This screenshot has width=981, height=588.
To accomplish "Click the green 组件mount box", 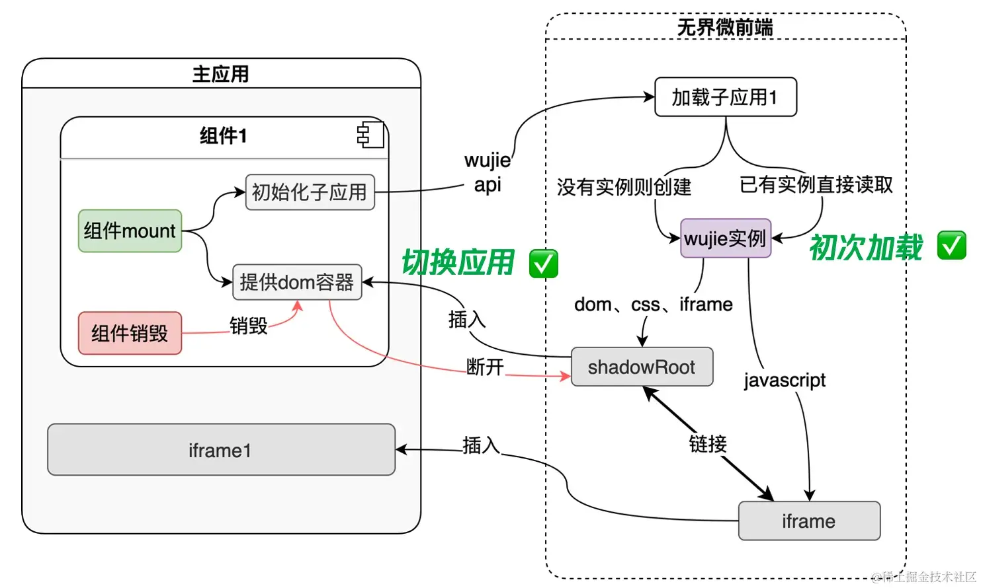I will (x=130, y=231).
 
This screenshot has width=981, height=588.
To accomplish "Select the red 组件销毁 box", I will (x=130, y=333).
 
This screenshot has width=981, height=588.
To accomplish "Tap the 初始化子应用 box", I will (x=310, y=192).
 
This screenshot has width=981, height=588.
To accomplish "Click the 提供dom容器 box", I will (x=297, y=282).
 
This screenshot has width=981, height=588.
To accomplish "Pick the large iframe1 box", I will (x=221, y=450).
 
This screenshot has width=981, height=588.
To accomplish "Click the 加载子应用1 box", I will (x=725, y=97).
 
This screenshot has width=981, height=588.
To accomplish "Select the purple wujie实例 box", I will (x=725, y=239).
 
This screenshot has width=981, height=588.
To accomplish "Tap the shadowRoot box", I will (x=641, y=367).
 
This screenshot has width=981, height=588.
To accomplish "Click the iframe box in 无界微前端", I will (x=808, y=521).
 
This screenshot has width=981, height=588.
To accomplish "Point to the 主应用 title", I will (x=221, y=74).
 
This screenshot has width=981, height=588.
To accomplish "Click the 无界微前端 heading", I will (x=725, y=27).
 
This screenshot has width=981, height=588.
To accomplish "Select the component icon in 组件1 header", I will (x=370, y=135).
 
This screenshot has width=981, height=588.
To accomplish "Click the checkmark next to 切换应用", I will (x=543, y=264).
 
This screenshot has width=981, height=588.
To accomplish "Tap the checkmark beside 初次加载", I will (x=951, y=246).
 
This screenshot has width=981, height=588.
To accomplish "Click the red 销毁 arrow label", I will (x=249, y=326).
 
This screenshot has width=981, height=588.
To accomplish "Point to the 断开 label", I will (x=485, y=367).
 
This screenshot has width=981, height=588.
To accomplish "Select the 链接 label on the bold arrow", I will (x=708, y=443).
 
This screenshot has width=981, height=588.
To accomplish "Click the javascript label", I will (x=785, y=381).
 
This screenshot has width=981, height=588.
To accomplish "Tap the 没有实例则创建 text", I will (x=624, y=187).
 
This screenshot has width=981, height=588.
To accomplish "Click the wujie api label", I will (x=488, y=172).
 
